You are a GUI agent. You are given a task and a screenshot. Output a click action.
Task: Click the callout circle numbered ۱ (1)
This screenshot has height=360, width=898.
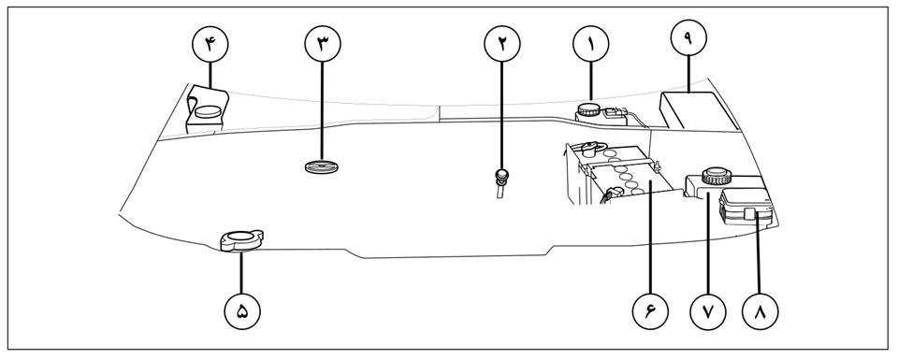click(591, 44)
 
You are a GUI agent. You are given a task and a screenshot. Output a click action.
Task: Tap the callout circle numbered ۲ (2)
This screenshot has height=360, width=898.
click(502, 44)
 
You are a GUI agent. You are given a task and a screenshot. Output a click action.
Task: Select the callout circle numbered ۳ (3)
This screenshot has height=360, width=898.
click(323, 44)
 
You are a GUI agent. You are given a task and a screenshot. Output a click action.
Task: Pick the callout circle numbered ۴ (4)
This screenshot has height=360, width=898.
click(210, 44)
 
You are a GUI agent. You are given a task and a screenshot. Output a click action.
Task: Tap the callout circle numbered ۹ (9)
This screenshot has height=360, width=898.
click(688, 37)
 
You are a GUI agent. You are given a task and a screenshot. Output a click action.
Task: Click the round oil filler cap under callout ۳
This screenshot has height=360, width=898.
click(321, 167)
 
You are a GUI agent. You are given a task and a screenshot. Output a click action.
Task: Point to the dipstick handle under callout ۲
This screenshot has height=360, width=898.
click(501, 174)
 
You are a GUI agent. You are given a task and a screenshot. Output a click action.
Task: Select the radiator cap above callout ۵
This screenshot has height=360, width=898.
click(241, 240)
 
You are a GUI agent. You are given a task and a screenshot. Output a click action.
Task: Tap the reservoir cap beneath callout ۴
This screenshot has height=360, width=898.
click(208, 111)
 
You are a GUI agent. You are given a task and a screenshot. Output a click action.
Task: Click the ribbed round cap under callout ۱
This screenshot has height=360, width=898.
click(588, 109)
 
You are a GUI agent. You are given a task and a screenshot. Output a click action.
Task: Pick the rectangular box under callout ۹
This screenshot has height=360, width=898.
click(698, 111)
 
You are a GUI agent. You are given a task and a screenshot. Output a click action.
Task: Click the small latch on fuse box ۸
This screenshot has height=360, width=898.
click(750, 215)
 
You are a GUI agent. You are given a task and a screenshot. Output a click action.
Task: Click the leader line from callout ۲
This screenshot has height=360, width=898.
click(502, 116)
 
